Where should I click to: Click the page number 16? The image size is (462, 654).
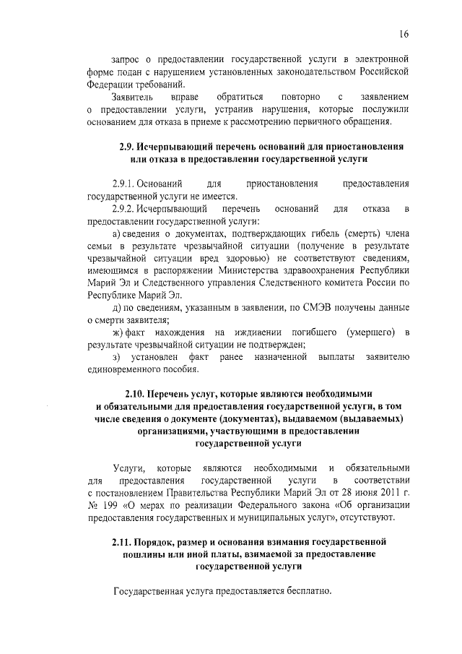[405, 34]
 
